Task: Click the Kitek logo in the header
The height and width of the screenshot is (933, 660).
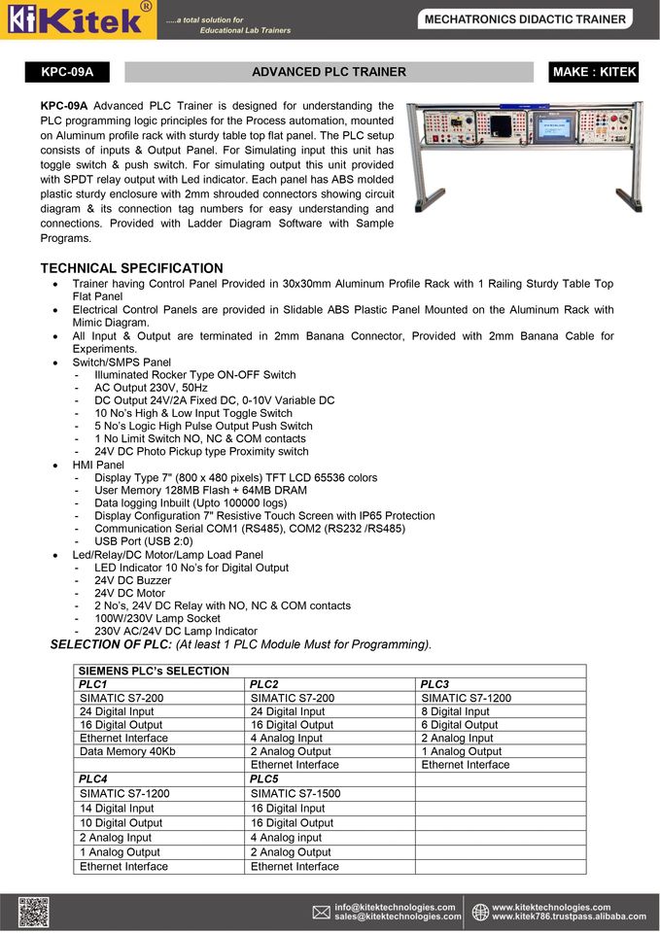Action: [78, 19]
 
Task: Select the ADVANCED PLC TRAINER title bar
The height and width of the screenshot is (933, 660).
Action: [329, 72]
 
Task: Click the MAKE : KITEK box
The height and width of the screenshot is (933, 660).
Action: [593, 72]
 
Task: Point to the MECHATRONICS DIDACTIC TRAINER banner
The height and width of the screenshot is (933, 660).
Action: [525, 18]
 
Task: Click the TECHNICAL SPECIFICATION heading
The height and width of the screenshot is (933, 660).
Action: [131, 268]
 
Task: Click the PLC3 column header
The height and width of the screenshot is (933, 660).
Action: [434, 684]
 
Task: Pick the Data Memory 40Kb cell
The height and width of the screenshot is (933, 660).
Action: [127, 751]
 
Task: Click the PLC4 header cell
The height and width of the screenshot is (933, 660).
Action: [93, 778]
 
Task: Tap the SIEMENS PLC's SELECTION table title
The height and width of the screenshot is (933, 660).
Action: [154, 671]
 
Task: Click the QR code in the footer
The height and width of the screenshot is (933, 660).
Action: [32, 912]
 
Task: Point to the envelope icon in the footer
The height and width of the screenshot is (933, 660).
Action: [321, 912]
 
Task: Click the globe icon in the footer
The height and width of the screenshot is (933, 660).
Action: [480, 912]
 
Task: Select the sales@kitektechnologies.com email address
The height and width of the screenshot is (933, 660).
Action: [398, 916]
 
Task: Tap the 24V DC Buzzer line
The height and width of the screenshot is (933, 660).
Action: [132, 580]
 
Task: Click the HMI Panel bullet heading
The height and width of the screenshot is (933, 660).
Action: [98, 465]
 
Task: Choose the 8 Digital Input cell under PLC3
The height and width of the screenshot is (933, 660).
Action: [455, 711]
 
